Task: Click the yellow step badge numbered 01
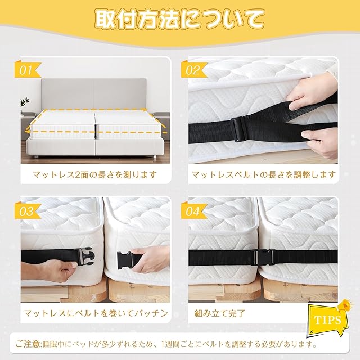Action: click(x=27, y=69)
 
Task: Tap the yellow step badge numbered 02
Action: click(x=193, y=69)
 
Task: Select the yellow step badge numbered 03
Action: click(x=27, y=211)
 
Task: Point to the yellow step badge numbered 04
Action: click(x=193, y=211)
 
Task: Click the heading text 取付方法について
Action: click(x=180, y=19)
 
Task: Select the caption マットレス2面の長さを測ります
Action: click(x=95, y=175)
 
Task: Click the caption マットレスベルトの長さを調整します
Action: click(x=264, y=175)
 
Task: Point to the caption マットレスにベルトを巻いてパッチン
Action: click(x=96, y=313)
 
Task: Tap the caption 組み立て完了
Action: click(x=220, y=313)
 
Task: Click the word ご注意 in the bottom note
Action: click(x=28, y=344)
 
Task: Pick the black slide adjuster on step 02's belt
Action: click(x=240, y=129)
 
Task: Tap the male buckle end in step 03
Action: click(x=86, y=256)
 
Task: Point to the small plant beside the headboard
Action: click(x=25, y=102)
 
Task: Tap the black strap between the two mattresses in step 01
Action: click(x=96, y=131)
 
